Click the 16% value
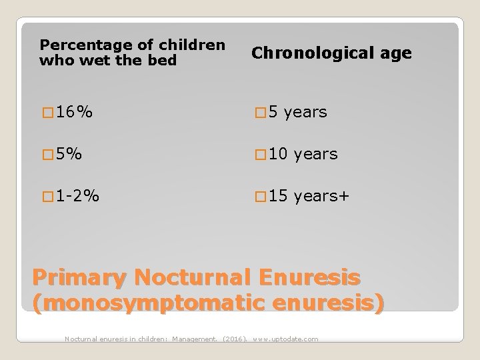tap(74, 113)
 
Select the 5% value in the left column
tap(70, 154)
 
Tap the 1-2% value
tap(79, 196)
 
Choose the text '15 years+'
tap(307, 196)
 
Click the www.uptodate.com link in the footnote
tap(285, 339)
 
